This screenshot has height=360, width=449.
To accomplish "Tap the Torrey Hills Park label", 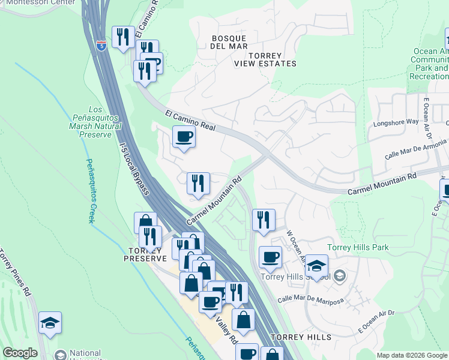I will click(358, 247).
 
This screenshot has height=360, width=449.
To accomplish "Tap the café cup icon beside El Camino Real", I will click(184, 137).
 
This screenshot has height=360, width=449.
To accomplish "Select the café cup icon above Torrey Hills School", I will click(270, 257).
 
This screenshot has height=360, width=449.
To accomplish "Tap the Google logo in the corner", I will click(20, 353).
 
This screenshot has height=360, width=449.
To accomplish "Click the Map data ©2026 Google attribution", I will click(411, 355).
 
